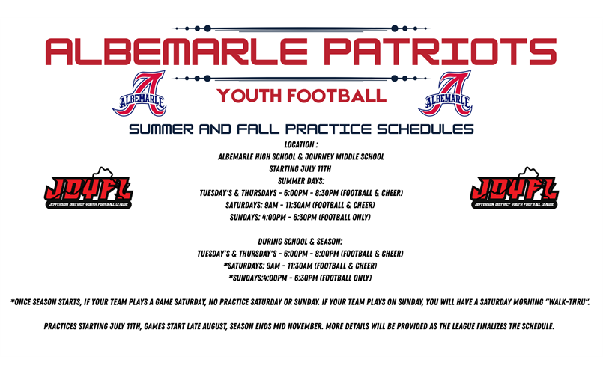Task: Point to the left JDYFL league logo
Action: pos(88,188)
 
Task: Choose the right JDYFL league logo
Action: pos(514,188)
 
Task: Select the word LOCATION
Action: pos(299,144)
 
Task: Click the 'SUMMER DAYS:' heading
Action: pos(301,181)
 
